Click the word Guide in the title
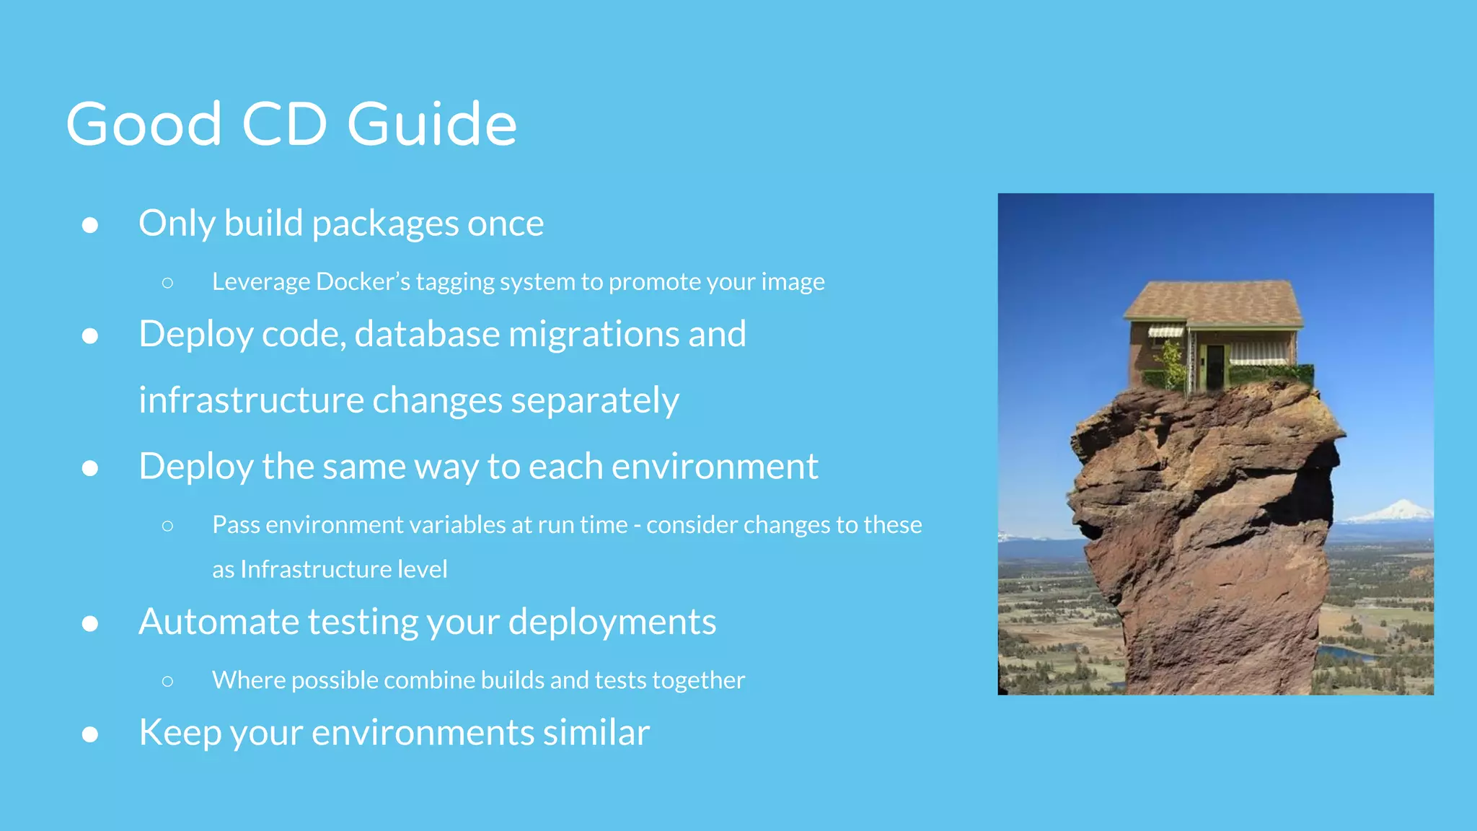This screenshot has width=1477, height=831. (431, 124)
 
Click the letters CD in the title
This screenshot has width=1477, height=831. (284, 124)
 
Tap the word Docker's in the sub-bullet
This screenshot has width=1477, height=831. (363, 281)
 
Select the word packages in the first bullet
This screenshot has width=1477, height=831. (386, 224)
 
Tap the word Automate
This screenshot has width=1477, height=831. (219, 621)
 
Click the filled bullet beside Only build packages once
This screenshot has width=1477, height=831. (90, 225)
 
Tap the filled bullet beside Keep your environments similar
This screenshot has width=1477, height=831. (90, 734)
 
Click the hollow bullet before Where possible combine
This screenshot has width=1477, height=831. (167, 681)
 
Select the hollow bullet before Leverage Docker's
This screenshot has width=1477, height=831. (167, 282)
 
